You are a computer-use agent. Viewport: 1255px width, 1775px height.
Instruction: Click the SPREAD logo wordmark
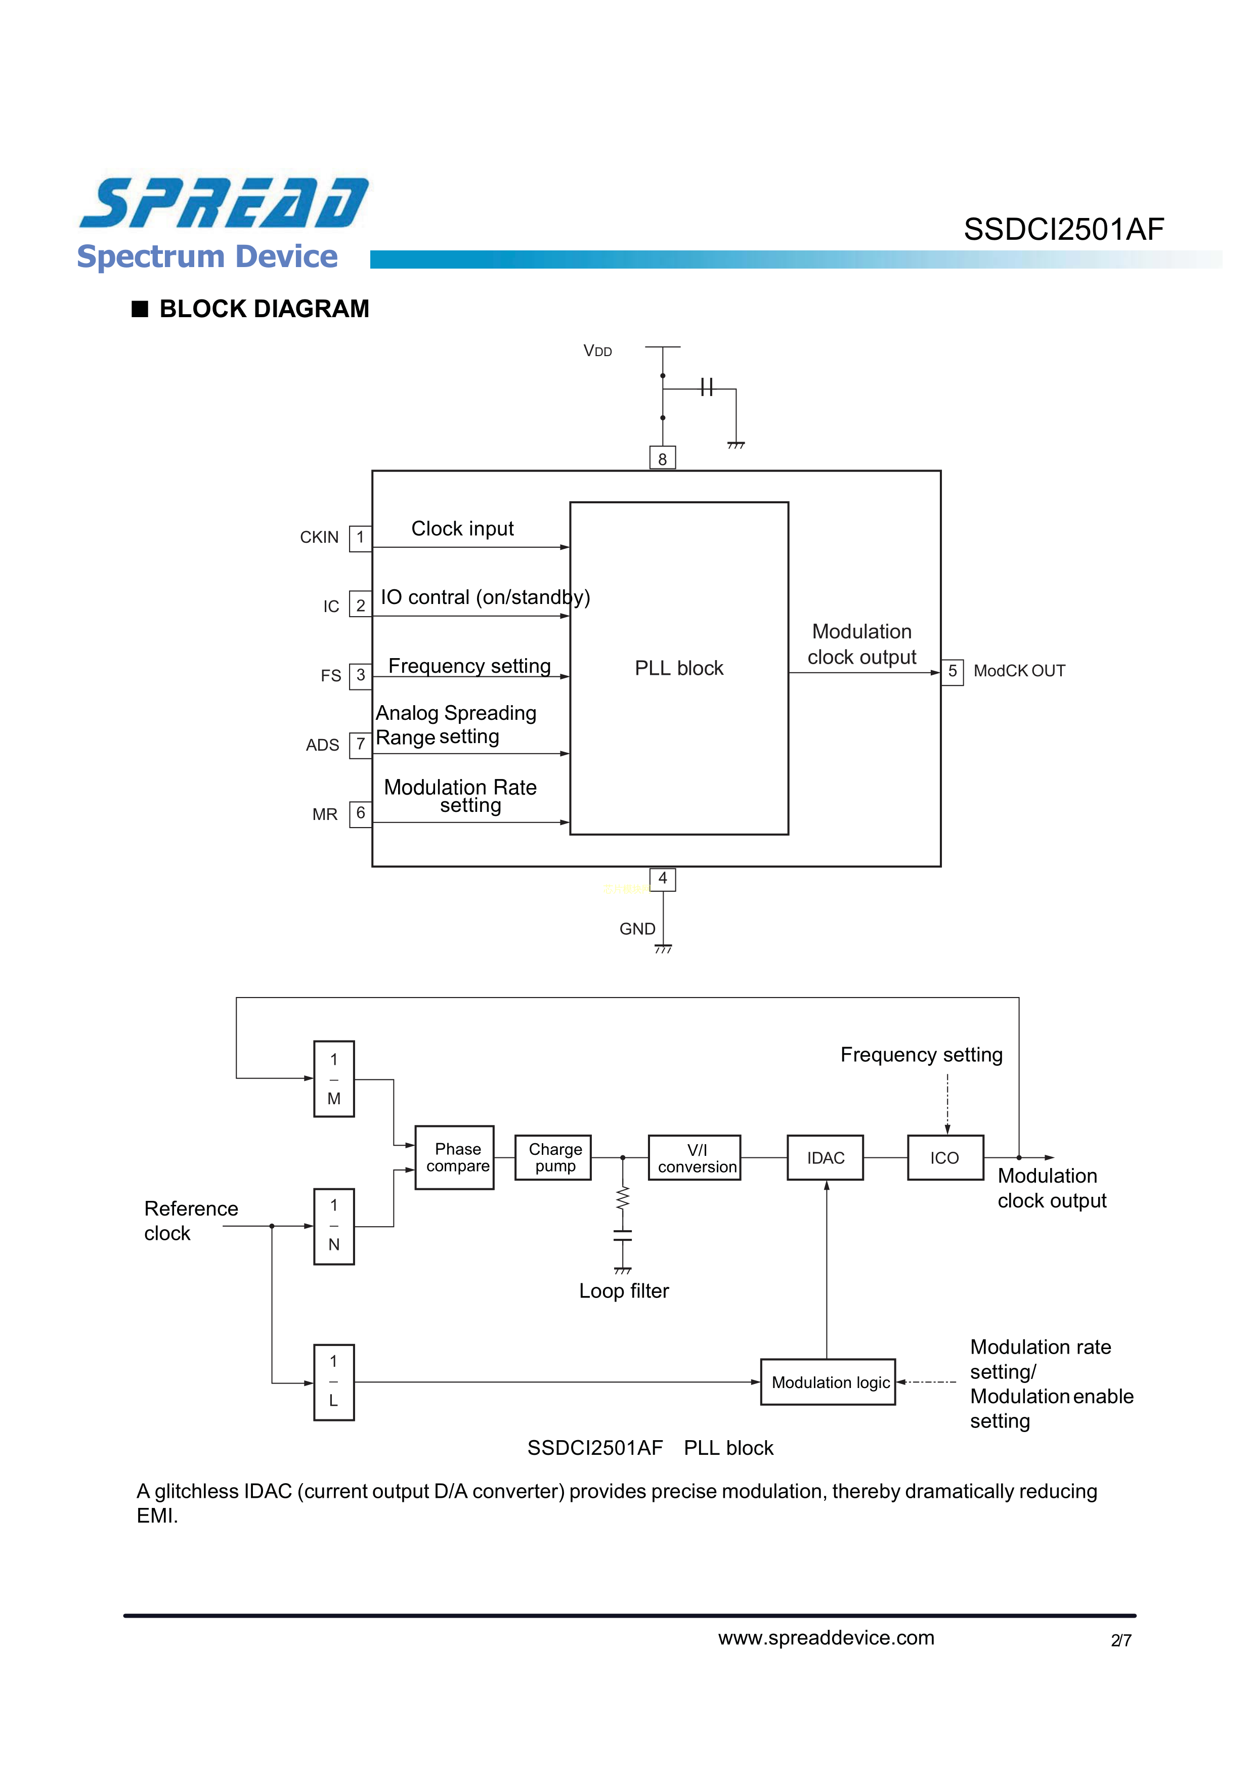(x=224, y=202)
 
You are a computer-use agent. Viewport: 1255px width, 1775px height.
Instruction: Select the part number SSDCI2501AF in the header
(x=1063, y=230)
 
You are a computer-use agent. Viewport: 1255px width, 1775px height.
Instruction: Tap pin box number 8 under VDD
(x=662, y=458)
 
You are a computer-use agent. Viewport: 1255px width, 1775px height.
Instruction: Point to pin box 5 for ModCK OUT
(x=952, y=671)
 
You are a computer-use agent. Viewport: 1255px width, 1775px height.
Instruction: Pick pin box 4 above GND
(x=663, y=879)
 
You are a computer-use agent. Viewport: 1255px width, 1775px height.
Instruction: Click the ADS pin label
(x=322, y=745)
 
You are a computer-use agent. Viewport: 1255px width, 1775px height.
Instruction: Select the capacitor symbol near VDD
(x=706, y=387)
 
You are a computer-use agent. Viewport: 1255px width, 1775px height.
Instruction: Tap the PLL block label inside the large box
(x=679, y=669)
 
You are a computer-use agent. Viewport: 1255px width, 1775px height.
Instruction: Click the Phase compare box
(x=455, y=1157)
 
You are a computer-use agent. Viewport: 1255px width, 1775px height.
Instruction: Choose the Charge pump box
(x=554, y=1157)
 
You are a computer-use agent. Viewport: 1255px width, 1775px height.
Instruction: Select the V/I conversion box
(x=695, y=1157)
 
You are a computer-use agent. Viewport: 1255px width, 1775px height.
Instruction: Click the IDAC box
(x=825, y=1157)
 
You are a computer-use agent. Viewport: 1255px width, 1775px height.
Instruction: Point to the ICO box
(x=945, y=1157)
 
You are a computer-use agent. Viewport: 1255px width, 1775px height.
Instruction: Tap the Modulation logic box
(x=828, y=1382)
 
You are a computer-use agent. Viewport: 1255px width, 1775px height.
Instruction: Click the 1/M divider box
(x=334, y=1079)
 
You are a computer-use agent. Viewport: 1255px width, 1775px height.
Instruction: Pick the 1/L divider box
(x=334, y=1382)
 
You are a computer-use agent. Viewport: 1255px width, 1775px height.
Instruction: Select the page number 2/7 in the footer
(x=1120, y=1640)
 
